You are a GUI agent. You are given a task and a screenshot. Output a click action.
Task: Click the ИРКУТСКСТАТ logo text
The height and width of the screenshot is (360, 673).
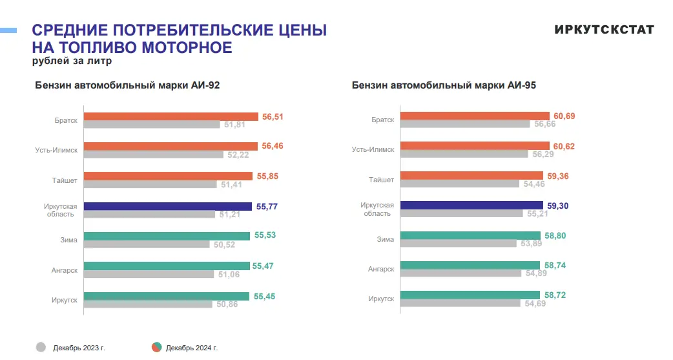pos(604,30)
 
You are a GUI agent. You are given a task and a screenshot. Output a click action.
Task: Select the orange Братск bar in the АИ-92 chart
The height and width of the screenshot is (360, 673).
pos(171,116)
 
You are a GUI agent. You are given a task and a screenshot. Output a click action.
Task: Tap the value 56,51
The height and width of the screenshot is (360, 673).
pos(273,117)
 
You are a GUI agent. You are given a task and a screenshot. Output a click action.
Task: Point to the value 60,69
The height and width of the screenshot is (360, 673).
pos(564,116)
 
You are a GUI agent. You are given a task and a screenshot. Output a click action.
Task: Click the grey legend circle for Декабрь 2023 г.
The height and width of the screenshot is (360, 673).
pos(41,347)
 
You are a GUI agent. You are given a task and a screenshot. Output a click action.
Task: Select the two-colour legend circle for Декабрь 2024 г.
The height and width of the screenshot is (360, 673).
pos(156,347)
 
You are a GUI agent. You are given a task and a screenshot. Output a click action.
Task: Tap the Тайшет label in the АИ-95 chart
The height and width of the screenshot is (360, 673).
pos(382,180)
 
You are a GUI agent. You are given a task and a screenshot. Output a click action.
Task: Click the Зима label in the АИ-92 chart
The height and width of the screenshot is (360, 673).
pos(69,240)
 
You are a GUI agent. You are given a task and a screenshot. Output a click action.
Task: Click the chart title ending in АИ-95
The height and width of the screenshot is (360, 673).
pos(444,85)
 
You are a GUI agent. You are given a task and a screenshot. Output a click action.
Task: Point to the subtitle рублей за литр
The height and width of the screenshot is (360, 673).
pos(72,61)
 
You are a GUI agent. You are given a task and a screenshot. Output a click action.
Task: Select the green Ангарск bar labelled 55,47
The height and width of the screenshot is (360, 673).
pos(167,266)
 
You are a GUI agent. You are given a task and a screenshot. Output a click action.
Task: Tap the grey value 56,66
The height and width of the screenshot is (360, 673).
pos(537,124)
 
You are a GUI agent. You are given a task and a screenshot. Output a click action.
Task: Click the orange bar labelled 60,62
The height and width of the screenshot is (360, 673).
pos(475,146)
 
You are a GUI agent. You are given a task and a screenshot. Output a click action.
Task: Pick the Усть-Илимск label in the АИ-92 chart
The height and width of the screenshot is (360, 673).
pos(57,150)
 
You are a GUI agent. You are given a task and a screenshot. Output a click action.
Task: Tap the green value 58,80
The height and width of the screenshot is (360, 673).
pos(555,236)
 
